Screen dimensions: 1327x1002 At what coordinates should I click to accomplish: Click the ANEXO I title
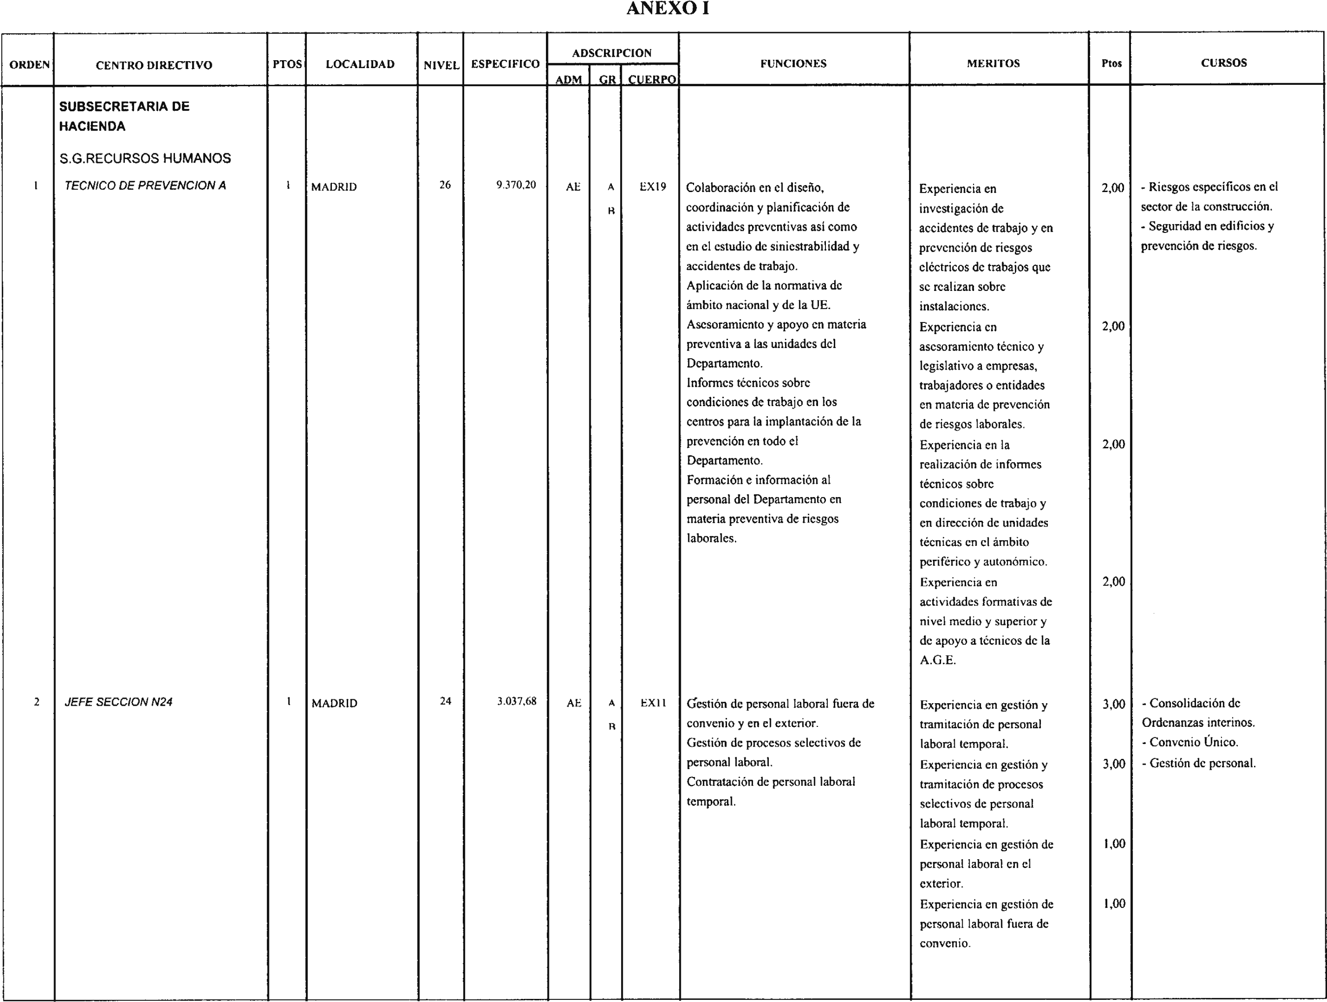(x=667, y=9)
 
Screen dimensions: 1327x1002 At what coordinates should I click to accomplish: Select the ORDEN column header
(x=29, y=65)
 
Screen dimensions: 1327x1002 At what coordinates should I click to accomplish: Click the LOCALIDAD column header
(x=360, y=64)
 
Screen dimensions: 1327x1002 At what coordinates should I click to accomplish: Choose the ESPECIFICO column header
(x=505, y=64)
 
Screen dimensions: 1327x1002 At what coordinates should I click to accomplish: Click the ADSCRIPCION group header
(x=612, y=53)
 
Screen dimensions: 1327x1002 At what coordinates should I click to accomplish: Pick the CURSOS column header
(x=1224, y=63)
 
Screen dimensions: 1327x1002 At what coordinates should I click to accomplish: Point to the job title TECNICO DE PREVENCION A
(x=145, y=186)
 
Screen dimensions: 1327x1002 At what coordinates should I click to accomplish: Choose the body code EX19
(x=653, y=186)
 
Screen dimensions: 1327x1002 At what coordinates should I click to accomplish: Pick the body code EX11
(x=653, y=703)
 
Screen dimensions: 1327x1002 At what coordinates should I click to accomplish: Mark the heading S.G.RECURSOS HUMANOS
(x=145, y=158)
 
